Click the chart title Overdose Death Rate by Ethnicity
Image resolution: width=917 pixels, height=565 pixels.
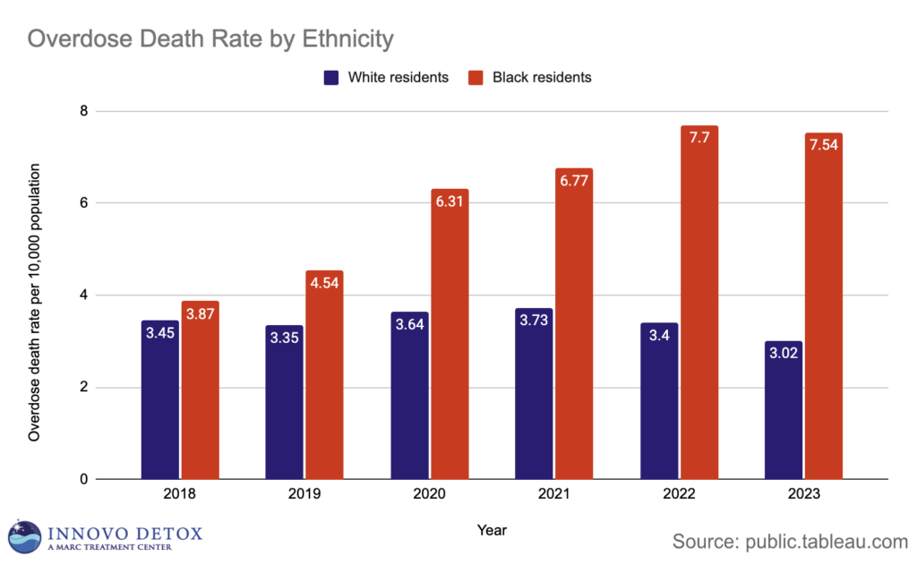pos(210,39)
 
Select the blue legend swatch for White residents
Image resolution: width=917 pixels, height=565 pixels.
pos(330,78)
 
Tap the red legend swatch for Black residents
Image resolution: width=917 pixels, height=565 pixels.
pos(476,78)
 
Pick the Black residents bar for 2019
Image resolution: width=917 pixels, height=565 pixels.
pos(324,375)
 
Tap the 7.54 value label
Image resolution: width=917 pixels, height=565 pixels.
pos(824,146)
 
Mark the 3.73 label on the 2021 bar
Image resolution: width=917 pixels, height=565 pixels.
pos(535,323)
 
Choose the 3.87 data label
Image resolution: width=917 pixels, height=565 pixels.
pos(200,316)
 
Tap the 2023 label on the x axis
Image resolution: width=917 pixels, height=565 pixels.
pos(804,494)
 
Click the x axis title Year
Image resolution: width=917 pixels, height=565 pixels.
pos(492,529)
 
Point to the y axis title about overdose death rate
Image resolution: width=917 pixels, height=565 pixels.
pos(35,302)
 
